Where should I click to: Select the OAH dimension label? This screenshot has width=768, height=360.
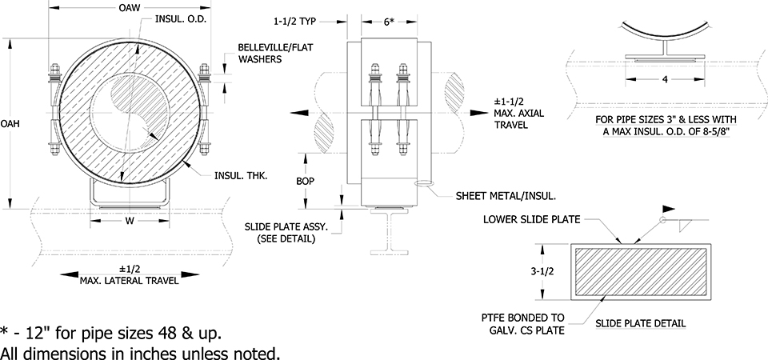click(10, 124)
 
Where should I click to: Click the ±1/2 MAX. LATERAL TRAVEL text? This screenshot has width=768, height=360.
click(130, 274)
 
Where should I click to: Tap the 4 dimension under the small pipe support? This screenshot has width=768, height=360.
click(663, 79)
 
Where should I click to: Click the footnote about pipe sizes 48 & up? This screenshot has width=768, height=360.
click(111, 331)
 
